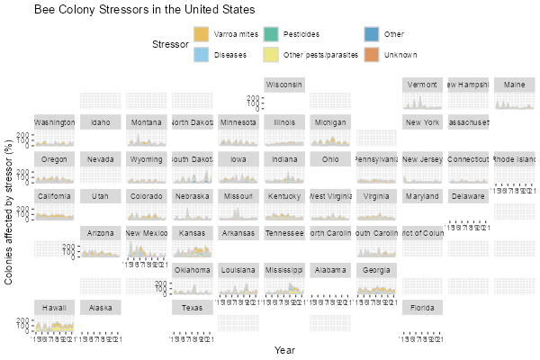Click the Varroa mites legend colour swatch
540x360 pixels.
pos(202,34)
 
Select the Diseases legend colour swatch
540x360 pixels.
pos(202,55)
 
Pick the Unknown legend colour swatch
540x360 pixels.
pos(371,55)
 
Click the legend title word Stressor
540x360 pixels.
pos(170,44)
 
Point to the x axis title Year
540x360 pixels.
pos(284,350)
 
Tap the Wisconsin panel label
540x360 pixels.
pos(284,85)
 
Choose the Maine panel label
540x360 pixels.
pos(515,85)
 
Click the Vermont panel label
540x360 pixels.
pos(421,85)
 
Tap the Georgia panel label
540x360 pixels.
pos(376,270)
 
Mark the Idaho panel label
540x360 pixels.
pos(101,122)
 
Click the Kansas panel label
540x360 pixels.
pos(192,233)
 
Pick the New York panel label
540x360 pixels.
pos(421,122)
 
